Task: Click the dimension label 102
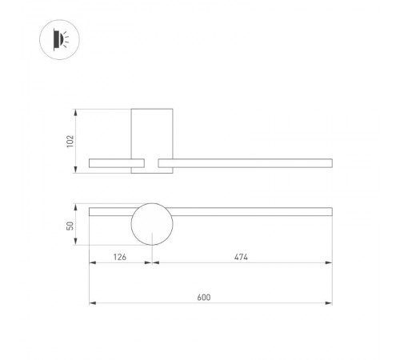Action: [x=70, y=140]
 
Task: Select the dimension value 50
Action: [x=70, y=226]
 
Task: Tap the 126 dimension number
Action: [x=120, y=257]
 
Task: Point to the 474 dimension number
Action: [x=241, y=257]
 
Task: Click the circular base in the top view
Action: [x=152, y=225]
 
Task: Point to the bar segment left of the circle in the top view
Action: [x=110, y=211]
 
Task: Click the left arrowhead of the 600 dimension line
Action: [x=91, y=303]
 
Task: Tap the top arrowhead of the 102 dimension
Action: [x=76, y=111]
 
